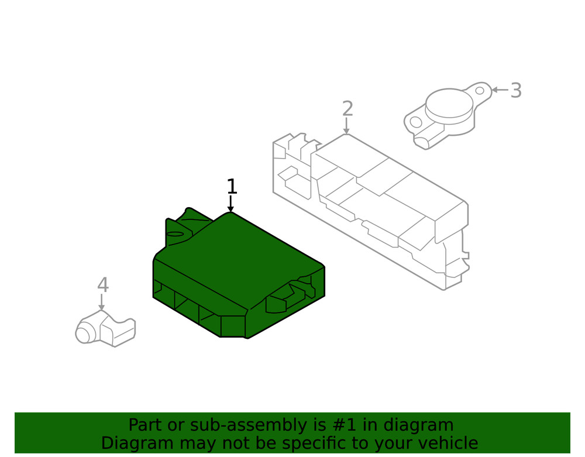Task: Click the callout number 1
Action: pyautogui.click(x=232, y=187)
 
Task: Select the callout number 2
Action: pyautogui.click(x=347, y=109)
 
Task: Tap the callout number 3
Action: pyautogui.click(x=515, y=91)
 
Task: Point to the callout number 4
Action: pyautogui.click(x=103, y=286)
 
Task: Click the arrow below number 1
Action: pyautogui.click(x=230, y=204)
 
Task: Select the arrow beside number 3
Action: pyautogui.click(x=499, y=90)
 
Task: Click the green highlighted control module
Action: pyautogui.click(x=234, y=269)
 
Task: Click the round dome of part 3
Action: pyautogui.click(x=449, y=102)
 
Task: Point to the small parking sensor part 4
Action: pyautogui.click(x=105, y=330)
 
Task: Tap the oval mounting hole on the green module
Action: pyautogui.click(x=175, y=234)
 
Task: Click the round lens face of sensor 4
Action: pyautogui.click(x=83, y=335)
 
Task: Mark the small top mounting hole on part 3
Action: pyautogui.click(x=480, y=91)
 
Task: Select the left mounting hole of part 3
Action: pyautogui.click(x=415, y=122)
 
